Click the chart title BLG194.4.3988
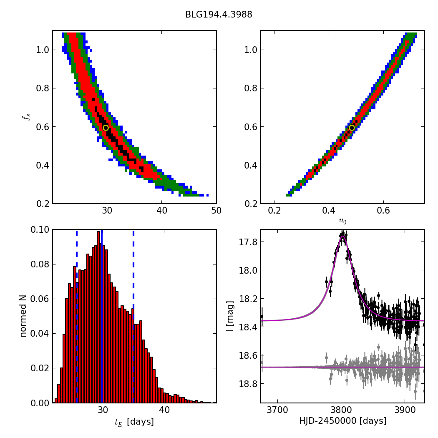coord(219,15)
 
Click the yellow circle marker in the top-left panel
coord(106,128)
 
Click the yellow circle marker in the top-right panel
coord(352,128)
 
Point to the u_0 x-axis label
coord(342,221)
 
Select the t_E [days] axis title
coord(134,422)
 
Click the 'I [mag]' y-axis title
coord(230,316)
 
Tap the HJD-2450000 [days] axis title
coord(342,421)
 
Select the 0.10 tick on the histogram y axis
coord(40,230)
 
